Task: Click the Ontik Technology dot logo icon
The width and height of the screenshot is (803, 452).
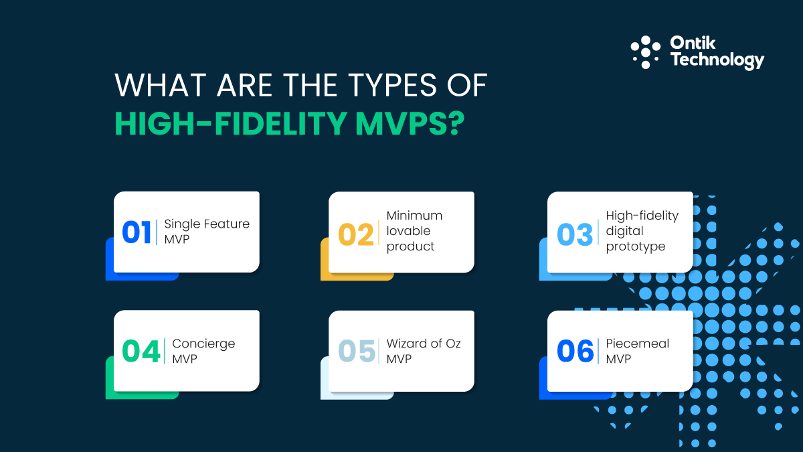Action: pos(646,52)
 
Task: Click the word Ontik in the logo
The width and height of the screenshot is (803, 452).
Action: pos(693,44)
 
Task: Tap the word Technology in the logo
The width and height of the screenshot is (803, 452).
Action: pos(717,60)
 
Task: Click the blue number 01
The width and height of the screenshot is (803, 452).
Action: pos(137,232)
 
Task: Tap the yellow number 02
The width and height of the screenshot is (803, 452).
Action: pos(355,235)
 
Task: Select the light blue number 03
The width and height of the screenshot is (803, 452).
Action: pos(575,235)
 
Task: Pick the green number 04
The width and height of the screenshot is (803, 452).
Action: pos(141,352)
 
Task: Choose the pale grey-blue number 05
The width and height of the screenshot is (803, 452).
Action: pos(356,352)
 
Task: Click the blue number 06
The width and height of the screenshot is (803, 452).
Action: pos(575,352)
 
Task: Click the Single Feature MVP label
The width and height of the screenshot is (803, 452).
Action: pos(206,231)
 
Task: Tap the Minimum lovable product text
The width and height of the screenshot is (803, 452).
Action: pos(414,231)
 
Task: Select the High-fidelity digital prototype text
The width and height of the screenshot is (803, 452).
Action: pos(642,231)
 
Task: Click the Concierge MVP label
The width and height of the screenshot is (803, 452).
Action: pos(203,351)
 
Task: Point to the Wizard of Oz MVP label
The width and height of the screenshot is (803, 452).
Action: pos(424,351)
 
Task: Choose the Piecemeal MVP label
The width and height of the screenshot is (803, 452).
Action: pos(637,351)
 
